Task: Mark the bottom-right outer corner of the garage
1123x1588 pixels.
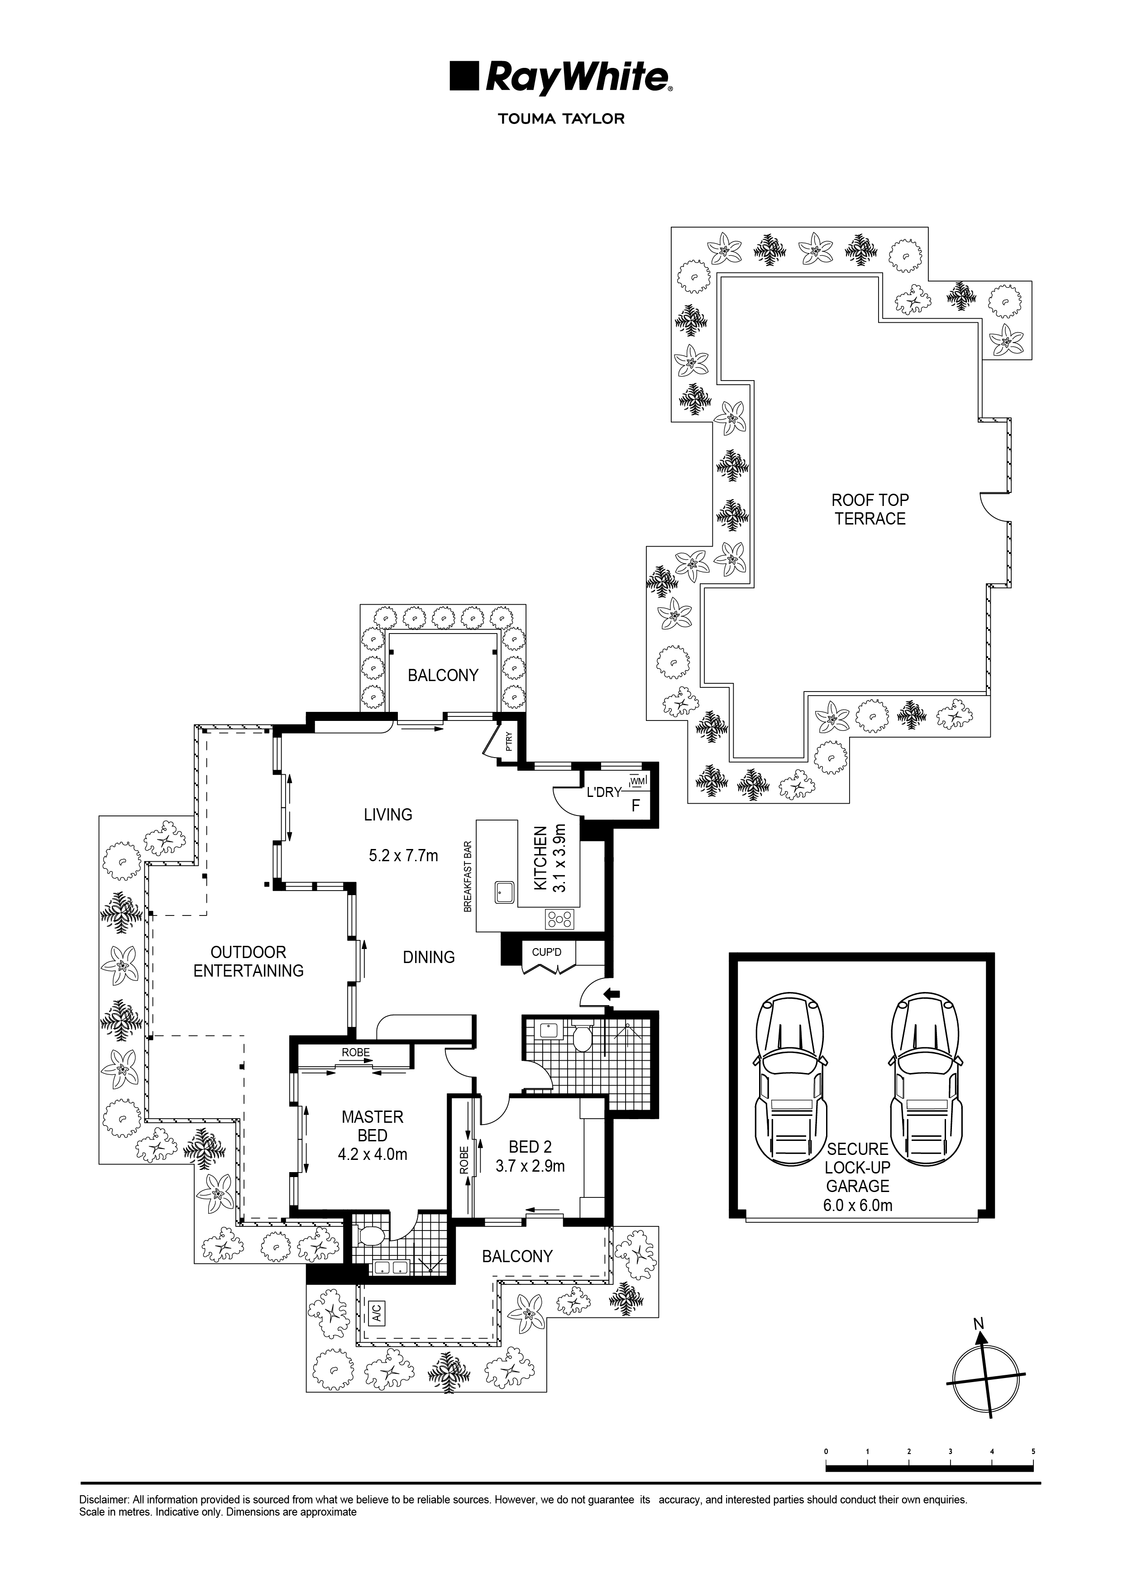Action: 994,1217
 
